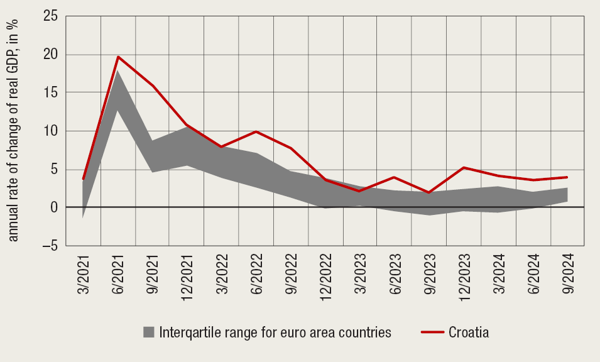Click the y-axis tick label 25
click(50, 16)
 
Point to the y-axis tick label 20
click(50, 55)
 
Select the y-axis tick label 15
click(51, 93)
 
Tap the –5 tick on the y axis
click(48, 246)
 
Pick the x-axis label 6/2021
click(119, 273)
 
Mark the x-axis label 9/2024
click(569, 273)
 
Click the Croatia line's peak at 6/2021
click(117, 57)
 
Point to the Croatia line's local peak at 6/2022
click(256, 131)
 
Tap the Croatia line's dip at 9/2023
click(429, 192)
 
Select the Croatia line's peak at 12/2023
click(464, 167)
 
